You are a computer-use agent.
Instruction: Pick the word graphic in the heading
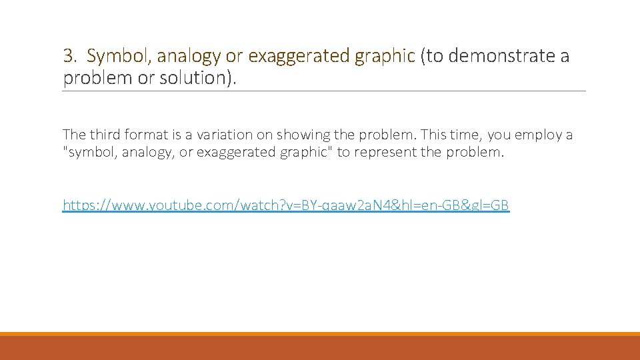point(385,56)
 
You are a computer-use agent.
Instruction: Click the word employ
point(537,135)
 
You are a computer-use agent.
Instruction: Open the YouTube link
point(285,205)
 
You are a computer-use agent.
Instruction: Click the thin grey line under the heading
point(324,91)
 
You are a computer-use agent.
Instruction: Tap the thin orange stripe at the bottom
point(320,334)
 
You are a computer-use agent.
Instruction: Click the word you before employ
point(499,135)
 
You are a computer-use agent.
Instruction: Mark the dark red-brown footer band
point(320,348)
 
